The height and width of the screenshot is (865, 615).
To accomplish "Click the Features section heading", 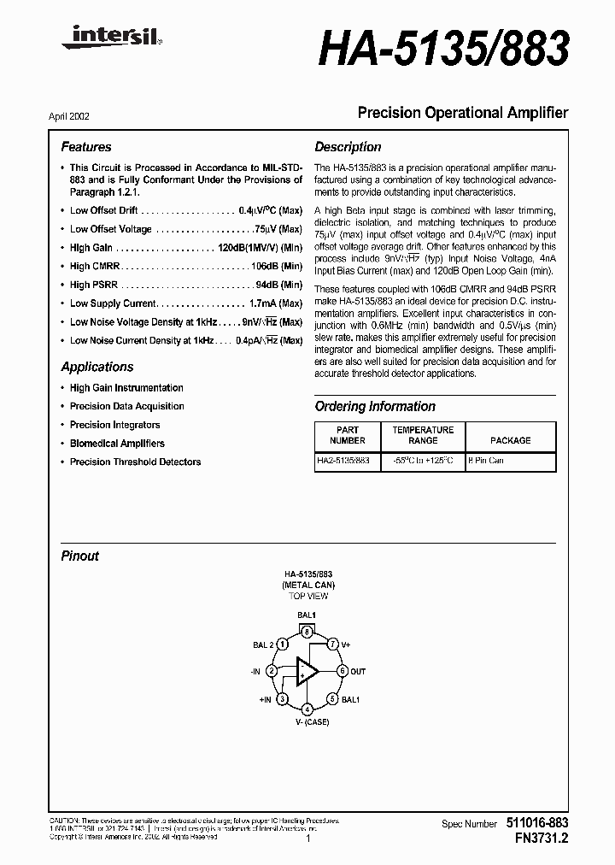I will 85,147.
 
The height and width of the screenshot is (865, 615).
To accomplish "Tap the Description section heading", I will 348,147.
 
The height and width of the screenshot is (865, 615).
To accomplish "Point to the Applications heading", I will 97,367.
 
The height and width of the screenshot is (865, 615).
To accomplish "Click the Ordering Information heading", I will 375,407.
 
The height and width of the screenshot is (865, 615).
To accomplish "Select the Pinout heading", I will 79,556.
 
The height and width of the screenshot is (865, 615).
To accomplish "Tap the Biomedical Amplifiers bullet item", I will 117,444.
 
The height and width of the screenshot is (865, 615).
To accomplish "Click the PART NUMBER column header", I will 348,435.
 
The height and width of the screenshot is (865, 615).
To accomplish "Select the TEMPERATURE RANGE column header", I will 423,435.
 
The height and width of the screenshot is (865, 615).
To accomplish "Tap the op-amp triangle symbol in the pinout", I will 306,672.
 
